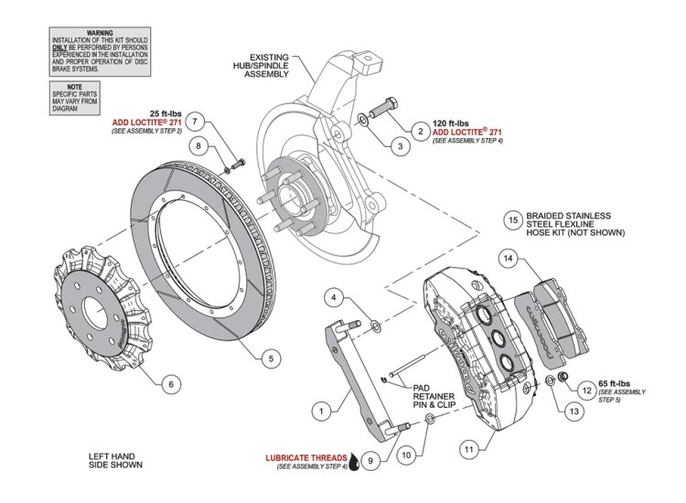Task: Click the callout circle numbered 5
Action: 271,359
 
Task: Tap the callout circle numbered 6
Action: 169,385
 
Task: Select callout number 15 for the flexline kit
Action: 513,219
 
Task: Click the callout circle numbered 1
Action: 321,412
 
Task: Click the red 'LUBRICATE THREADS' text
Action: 306,456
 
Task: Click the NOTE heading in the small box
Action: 75,85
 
